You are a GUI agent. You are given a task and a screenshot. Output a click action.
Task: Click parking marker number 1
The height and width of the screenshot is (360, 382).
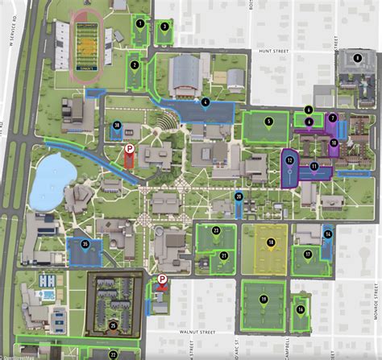141,23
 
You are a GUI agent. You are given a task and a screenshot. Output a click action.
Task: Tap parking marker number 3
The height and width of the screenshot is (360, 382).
164,26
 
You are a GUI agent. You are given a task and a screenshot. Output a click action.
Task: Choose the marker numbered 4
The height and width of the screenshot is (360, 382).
206,102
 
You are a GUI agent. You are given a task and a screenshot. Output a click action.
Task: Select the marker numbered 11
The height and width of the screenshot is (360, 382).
314,167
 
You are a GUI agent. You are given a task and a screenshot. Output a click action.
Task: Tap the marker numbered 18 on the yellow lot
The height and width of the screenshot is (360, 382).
272,242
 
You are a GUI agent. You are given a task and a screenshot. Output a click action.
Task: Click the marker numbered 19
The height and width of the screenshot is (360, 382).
264,299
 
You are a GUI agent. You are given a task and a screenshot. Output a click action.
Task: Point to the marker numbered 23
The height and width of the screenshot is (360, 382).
215,230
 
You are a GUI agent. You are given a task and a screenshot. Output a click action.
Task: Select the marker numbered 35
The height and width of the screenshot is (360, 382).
85,243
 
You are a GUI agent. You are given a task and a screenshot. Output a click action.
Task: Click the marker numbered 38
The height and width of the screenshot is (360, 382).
117,126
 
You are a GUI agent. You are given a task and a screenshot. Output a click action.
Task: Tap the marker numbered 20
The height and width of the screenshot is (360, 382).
239,196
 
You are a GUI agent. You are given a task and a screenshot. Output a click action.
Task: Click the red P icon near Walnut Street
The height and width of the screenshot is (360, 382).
162,280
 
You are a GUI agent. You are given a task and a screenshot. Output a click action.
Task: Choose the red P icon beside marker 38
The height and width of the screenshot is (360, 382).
128,149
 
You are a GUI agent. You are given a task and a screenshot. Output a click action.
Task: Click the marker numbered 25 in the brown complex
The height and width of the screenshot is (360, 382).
113,325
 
